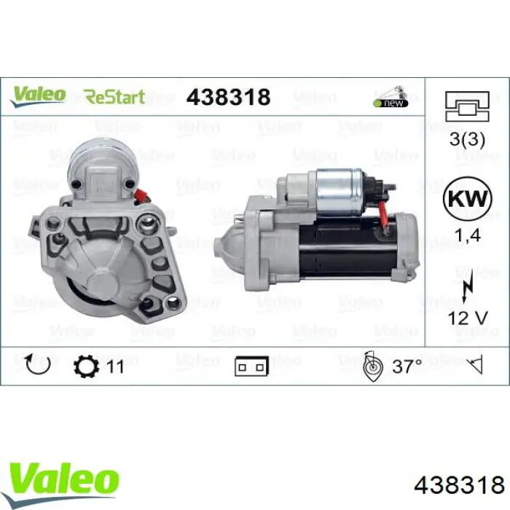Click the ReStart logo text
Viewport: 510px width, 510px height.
coord(114,97)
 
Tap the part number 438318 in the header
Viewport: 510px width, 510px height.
coord(228,97)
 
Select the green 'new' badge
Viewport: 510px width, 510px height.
coord(391,103)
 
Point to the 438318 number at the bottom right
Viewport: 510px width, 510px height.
coord(459,485)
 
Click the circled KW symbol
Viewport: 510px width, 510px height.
coord(468,198)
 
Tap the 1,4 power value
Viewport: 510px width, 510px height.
coord(468,235)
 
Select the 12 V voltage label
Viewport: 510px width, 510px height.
coord(468,318)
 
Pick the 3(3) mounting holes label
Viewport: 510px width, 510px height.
coord(467,139)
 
